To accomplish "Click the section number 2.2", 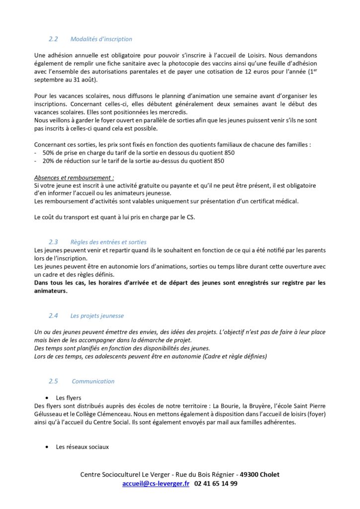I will tap(53, 39).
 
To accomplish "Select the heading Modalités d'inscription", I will tap(101, 39).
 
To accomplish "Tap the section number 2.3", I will tap(53, 242).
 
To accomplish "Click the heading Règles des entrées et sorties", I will tap(108, 242).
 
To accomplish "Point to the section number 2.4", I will tap(53, 316).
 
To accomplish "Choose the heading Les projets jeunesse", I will tap(97, 316).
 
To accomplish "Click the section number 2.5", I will tap(53, 381).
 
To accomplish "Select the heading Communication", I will tap(93, 381).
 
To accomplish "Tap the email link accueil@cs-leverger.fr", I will tap(156, 483).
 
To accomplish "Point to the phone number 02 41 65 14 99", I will tap(216, 483).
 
